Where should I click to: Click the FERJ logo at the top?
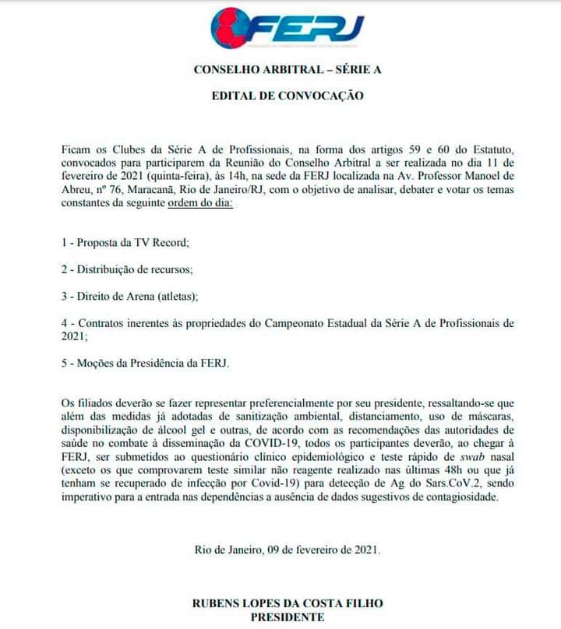point(288,27)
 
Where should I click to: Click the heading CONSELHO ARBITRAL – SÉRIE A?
point(288,69)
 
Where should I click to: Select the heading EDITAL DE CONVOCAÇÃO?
point(288,97)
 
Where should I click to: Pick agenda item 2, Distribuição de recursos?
point(126,269)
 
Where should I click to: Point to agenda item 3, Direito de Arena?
point(129,296)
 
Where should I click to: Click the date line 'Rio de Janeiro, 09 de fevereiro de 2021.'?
point(288,550)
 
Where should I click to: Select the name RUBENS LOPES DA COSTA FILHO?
point(288,603)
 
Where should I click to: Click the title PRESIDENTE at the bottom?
point(288,617)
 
